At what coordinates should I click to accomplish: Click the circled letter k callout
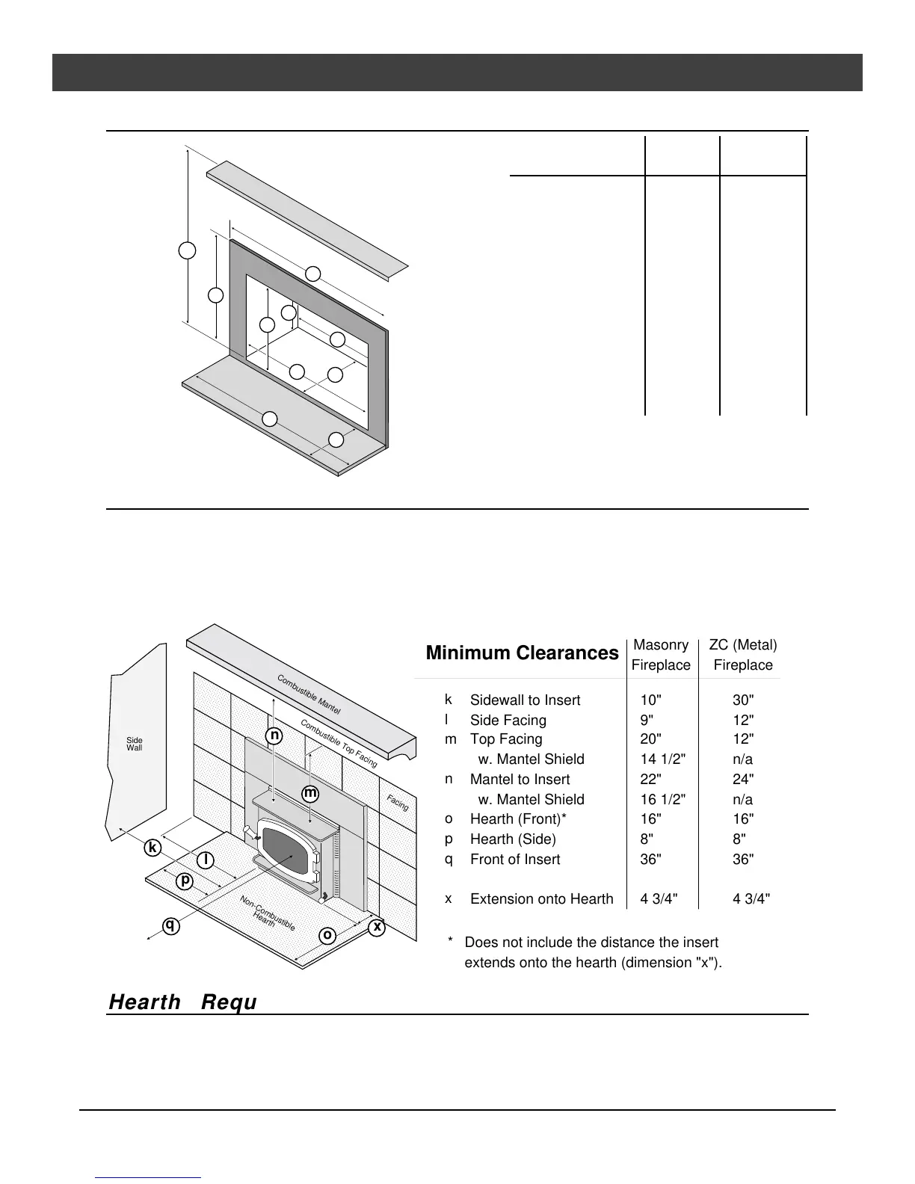(x=153, y=848)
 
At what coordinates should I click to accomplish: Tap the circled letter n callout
(x=275, y=736)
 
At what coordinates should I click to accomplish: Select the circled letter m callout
(x=309, y=792)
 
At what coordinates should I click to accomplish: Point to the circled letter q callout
(x=171, y=925)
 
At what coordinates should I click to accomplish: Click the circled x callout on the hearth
(x=378, y=927)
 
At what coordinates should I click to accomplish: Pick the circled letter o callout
(x=327, y=935)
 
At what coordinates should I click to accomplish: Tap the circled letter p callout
(x=185, y=881)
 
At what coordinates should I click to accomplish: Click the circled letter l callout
(x=206, y=860)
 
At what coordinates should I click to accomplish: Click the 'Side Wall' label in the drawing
(x=135, y=744)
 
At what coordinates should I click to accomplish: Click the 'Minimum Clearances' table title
(x=522, y=653)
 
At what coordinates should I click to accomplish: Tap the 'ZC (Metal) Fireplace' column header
(x=742, y=655)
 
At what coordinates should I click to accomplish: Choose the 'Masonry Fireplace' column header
(x=661, y=655)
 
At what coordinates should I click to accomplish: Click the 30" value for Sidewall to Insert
(x=743, y=700)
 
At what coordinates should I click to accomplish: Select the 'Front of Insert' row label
(x=515, y=860)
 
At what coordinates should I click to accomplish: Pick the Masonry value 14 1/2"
(x=663, y=759)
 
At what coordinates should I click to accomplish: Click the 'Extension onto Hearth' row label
(x=541, y=899)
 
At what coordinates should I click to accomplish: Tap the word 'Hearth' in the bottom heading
(x=145, y=1002)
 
